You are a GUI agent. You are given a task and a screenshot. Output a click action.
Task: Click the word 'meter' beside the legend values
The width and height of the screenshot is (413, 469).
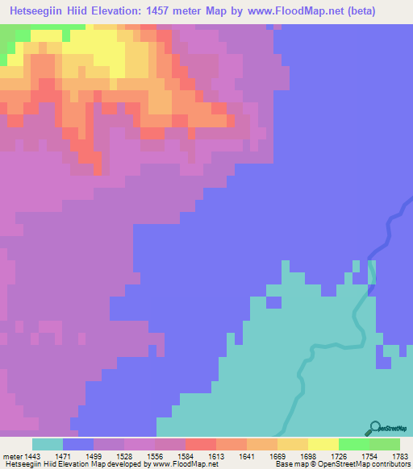click(14, 456)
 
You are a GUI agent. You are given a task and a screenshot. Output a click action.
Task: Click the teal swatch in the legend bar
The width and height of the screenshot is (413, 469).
click(47, 444)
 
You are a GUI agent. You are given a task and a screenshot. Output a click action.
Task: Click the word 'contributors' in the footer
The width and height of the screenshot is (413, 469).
click(390, 464)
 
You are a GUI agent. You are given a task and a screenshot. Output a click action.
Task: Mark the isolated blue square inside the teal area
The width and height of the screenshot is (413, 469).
click(274, 302)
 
